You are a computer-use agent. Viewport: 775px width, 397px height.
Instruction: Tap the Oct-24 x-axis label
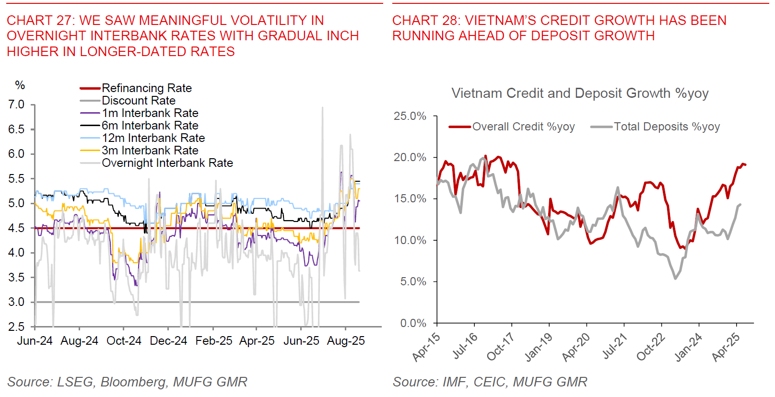click(124, 341)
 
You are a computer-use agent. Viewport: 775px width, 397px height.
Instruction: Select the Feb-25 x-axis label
click(213, 341)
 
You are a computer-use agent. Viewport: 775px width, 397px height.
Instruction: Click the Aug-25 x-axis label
click(346, 341)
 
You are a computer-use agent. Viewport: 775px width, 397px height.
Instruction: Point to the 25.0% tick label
click(410, 116)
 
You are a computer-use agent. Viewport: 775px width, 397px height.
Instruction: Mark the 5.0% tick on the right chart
click(413, 281)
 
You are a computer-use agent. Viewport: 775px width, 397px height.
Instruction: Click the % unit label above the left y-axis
click(20, 85)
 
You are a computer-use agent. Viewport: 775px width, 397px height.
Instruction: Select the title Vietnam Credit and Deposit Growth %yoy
click(579, 93)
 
